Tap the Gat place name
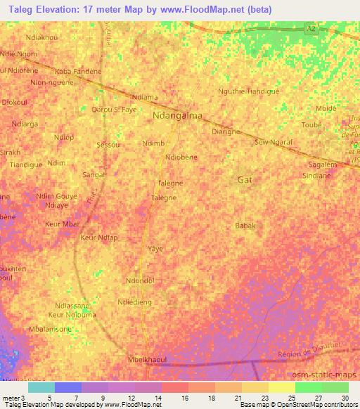(x=245, y=180)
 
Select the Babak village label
(x=245, y=226)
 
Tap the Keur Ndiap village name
(x=98, y=238)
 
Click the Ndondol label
(x=139, y=281)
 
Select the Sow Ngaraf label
(x=273, y=141)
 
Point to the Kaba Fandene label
(x=78, y=71)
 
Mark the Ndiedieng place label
(x=135, y=303)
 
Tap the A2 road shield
(x=311, y=28)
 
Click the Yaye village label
(x=155, y=249)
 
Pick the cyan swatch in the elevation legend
(x=41, y=387)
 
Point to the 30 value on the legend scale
(x=345, y=398)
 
